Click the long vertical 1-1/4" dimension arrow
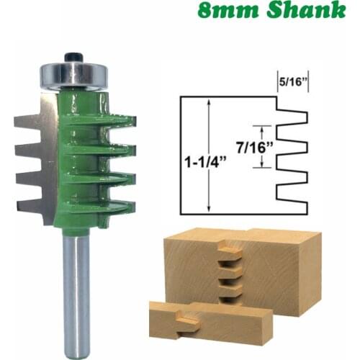click(x=209, y=155)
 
